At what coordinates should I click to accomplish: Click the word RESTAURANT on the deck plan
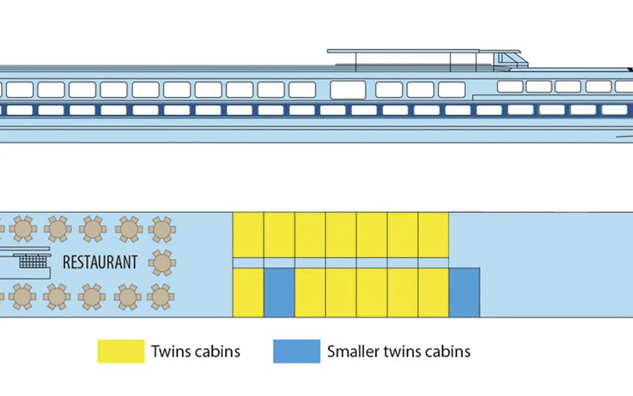click(x=100, y=262)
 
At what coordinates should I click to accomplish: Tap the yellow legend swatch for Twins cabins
click(x=121, y=351)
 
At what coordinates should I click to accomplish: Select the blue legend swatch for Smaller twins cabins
click(x=296, y=351)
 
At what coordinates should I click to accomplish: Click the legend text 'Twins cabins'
click(x=196, y=351)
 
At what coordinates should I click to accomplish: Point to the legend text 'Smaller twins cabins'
click(x=399, y=351)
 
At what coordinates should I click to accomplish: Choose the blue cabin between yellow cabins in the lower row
click(x=279, y=293)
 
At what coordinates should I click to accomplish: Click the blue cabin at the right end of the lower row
click(x=464, y=293)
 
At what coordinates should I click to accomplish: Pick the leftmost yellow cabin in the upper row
click(x=248, y=235)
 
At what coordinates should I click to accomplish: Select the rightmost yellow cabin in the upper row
click(x=433, y=235)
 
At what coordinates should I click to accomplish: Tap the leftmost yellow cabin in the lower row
click(x=248, y=293)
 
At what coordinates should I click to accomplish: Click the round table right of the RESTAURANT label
click(x=162, y=263)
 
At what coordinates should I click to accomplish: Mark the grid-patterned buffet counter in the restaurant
click(x=33, y=262)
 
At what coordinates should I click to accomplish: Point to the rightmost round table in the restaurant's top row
click(x=162, y=229)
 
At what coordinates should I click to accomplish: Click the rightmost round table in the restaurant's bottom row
click(x=160, y=297)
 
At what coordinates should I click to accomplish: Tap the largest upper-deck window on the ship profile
click(x=348, y=90)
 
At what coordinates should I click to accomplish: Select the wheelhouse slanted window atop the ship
click(x=510, y=60)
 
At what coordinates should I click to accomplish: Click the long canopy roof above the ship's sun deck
click(x=424, y=51)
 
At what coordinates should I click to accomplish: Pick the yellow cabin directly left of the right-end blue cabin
click(x=433, y=293)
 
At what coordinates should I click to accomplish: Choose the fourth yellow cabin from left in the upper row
click(x=341, y=235)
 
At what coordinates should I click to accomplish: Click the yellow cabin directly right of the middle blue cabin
click(x=310, y=293)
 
